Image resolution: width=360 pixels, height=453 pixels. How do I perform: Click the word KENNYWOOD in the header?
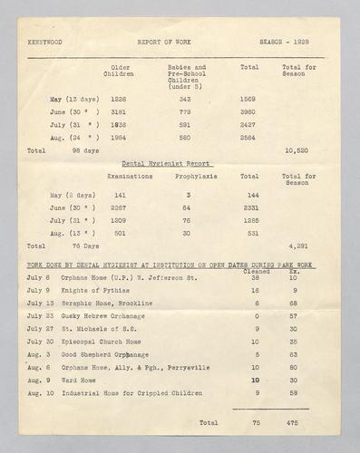[44, 42]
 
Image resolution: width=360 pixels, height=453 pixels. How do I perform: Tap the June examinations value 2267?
[118, 207]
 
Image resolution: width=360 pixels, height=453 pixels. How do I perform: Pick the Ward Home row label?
[82, 381]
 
